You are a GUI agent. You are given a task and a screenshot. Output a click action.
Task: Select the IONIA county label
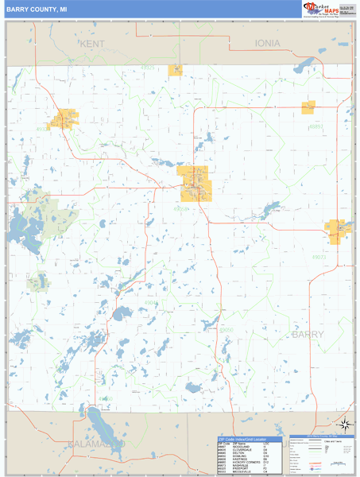click(268, 43)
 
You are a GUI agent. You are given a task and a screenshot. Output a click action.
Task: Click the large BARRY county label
click(308, 335)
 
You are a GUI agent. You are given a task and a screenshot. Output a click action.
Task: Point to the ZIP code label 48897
click(316, 126)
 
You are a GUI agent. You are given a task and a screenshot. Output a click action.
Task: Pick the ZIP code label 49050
click(226, 329)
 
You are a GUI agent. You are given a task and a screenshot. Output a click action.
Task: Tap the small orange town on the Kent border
click(176, 70)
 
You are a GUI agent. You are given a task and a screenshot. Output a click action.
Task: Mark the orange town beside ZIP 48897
click(308, 107)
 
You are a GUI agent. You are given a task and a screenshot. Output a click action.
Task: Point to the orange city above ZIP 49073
click(337, 230)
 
